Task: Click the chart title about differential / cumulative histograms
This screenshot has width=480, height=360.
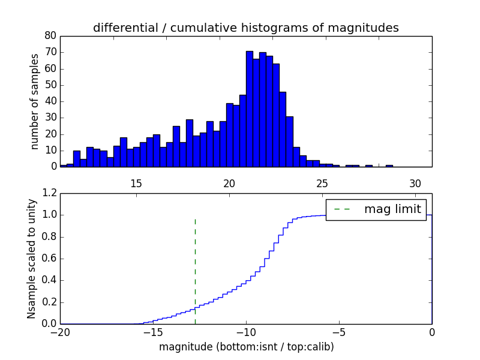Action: tap(245, 28)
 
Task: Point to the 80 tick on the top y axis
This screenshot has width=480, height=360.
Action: tap(51, 35)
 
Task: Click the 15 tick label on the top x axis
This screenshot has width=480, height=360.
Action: tap(136, 183)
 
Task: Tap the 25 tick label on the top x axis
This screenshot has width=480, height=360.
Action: tap(322, 183)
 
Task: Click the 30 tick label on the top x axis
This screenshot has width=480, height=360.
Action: tap(415, 183)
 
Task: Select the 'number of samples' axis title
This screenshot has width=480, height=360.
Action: tap(35, 101)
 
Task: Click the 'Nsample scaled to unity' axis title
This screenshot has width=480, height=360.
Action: tap(32, 259)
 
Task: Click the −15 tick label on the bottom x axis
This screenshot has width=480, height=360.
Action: tap(153, 333)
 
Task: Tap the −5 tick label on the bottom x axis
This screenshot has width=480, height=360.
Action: tap(339, 333)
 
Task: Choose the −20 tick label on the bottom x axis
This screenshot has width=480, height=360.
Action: tap(60, 333)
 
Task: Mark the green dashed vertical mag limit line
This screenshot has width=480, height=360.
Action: tap(195, 270)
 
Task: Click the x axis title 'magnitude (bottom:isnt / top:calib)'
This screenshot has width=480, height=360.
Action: tap(246, 347)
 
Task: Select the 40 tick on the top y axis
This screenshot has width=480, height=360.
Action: tap(51, 101)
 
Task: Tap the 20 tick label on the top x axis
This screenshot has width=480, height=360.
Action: tap(229, 183)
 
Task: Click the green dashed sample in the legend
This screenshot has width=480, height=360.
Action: tap(342, 209)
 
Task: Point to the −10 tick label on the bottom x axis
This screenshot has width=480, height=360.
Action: tap(246, 333)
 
